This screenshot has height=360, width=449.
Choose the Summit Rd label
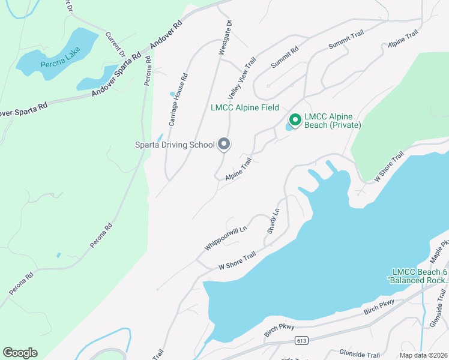(x=285, y=58)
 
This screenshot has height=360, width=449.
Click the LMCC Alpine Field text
(x=245, y=108)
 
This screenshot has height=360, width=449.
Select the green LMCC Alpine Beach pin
(x=295, y=119)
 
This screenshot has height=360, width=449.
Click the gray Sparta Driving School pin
(x=224, y=144)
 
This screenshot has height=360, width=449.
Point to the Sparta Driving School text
(x=174, y=145)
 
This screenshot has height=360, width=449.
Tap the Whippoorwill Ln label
(x=226, y=238)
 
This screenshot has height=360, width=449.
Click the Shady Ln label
(x=273, y=221)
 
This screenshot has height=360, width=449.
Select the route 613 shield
(x=301, y=341)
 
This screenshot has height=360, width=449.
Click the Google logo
(x=20, y=353)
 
